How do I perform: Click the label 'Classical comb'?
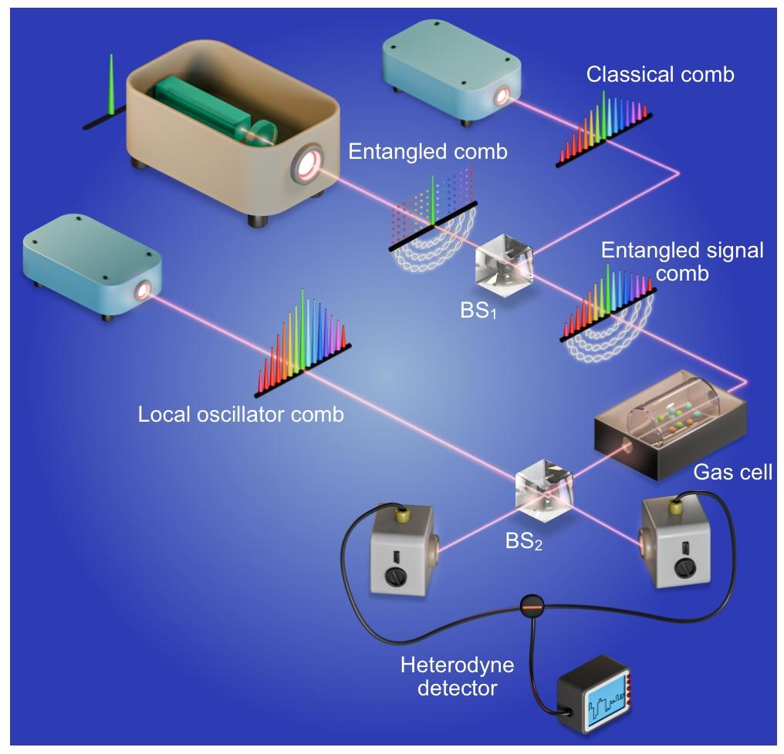click(660, 75)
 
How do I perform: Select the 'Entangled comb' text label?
click(427, 151)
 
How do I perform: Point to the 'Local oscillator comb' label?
click(241, 415)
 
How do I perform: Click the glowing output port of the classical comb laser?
click(503, 96)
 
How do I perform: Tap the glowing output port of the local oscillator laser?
click(143, 291)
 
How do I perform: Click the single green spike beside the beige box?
click(112, 85)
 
